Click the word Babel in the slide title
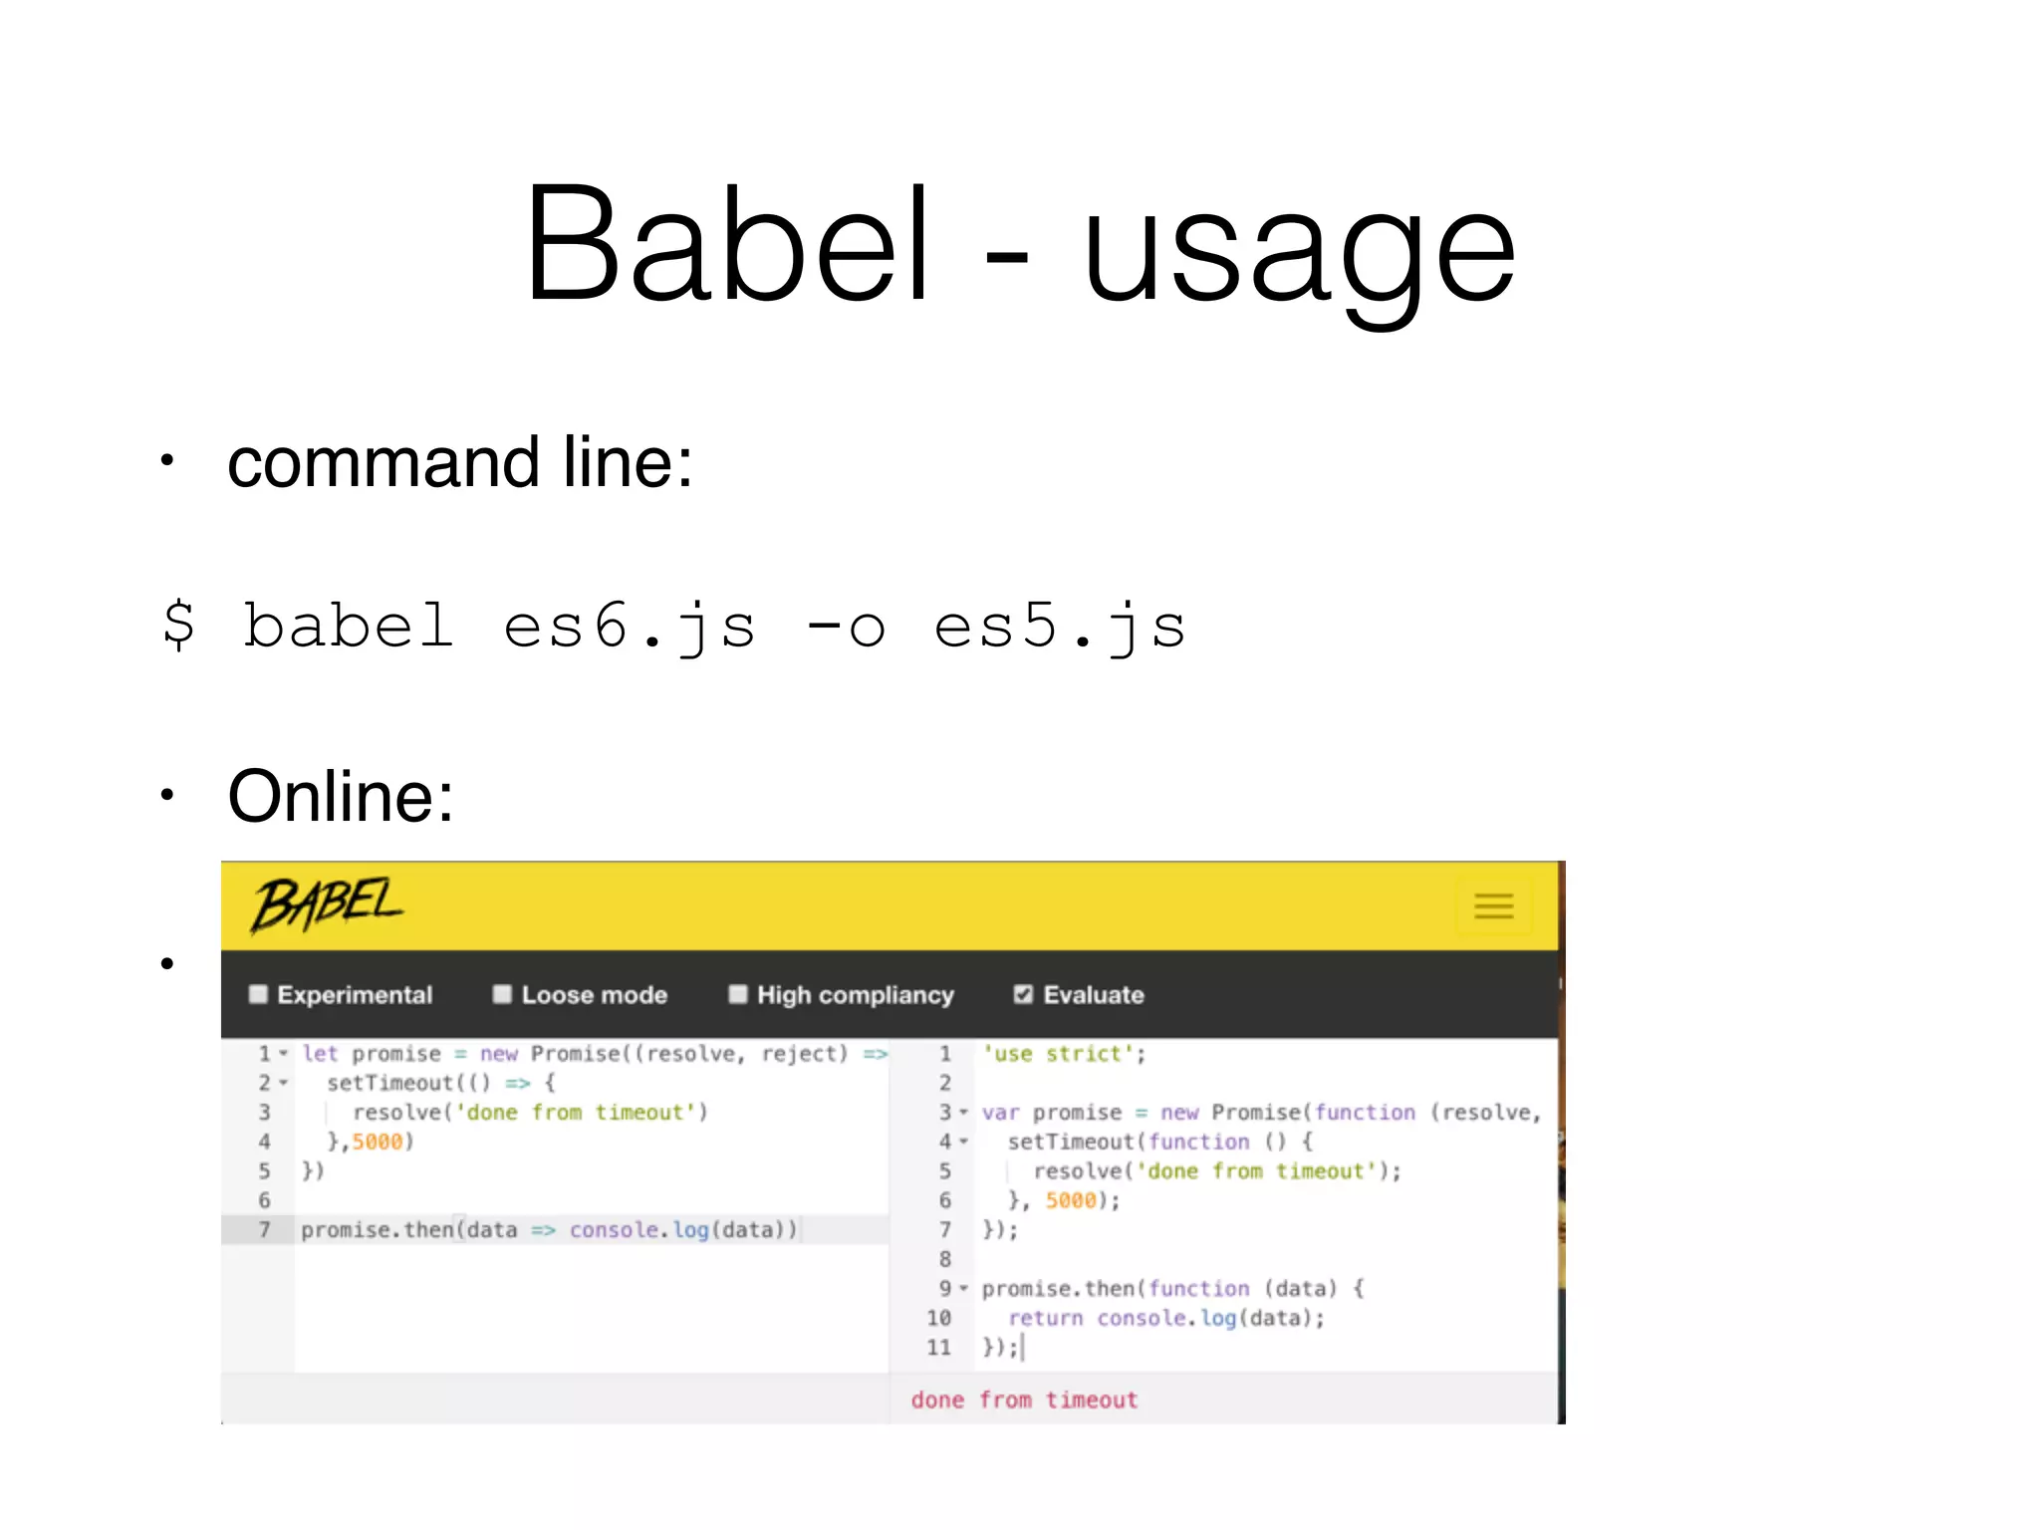click(727, 244)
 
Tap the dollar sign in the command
click(179, 625)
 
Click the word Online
click(340, 797)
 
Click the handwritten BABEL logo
click(326, 905)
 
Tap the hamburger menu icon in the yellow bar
click(1493, 905)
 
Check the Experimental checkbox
click(259, 994)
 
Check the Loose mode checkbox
click(502, 994)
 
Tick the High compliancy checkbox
click(738, 994)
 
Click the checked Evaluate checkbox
click(1023, 994)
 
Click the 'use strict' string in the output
click(1063, 1054)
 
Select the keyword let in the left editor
click(320, 1054)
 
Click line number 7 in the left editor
click(264, 1230)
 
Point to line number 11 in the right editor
click(938, 1348)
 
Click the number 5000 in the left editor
click(377, 1142)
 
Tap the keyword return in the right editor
click(1045, 1319)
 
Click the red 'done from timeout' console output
click(1023, 1401)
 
